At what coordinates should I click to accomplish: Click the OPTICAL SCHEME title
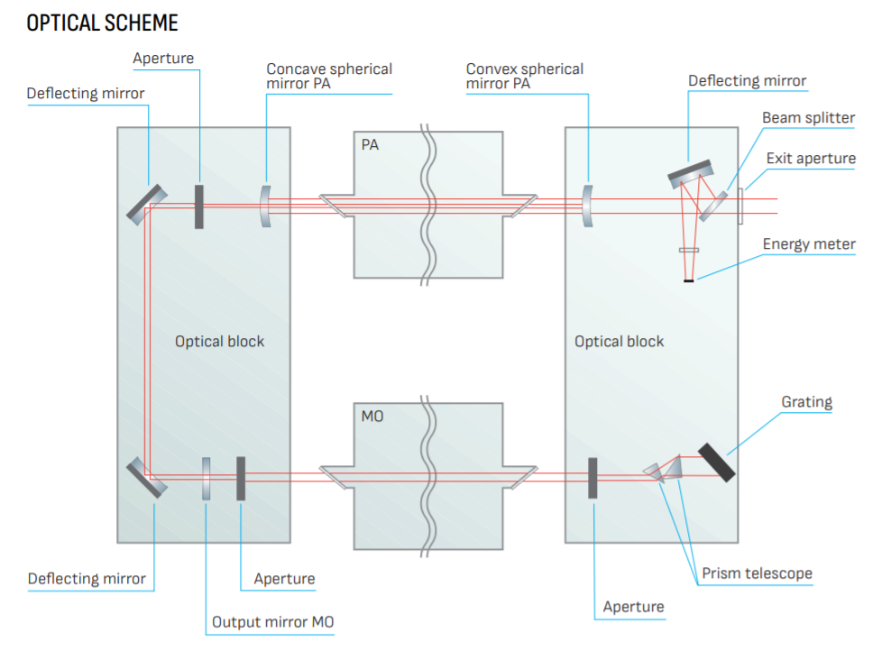pos(102,23)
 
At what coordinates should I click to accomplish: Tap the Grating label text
pos(806,401)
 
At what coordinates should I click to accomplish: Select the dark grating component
pos(716,462)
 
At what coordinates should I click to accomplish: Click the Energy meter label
pos(809,244)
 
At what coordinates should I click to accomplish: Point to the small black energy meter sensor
pos(689,282)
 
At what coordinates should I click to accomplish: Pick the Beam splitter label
pos(808,118)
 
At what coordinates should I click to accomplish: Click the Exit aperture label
pos(811,159)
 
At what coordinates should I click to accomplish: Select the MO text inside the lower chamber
pos(372,417)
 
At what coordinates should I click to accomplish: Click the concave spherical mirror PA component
pos(265,206)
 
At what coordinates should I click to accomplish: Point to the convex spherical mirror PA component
pos(588,206)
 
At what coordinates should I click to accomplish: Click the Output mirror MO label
pos(272,622)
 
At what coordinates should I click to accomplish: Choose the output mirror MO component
pos(207,479)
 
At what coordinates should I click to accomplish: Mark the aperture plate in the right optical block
pos(593,478)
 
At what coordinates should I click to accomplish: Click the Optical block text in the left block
pos(219,342)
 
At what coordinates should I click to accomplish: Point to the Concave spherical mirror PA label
pos(329,77)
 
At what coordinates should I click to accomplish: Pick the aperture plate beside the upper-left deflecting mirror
pos(198,206)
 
